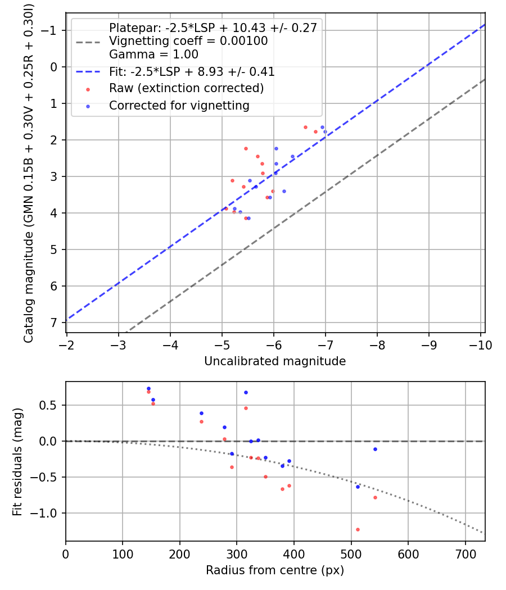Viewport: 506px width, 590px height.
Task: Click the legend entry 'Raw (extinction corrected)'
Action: coord(186,88)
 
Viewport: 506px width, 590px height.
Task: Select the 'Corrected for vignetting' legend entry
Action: coord(179,105)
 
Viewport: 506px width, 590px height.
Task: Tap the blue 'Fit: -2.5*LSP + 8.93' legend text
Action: coord(192,72)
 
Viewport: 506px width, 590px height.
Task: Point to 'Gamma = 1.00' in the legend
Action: coord(153,55)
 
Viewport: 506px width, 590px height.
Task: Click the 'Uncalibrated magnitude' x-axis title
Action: coord(275,361)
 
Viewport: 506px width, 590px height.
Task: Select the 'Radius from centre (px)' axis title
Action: coord(275,570)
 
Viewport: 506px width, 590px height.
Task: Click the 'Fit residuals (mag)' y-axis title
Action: coord(17,462)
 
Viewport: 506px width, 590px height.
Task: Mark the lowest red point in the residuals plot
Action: coord(358,529)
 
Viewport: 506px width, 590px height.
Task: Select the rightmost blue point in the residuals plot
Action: coord(375,449)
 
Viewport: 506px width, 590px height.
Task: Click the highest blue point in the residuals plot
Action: coord(148,388)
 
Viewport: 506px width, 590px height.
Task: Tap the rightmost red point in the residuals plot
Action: coord(375,497)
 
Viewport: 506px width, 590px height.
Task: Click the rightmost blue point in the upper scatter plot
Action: coord(325,131)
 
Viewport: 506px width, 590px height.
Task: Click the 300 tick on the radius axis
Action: coord(237,555)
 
